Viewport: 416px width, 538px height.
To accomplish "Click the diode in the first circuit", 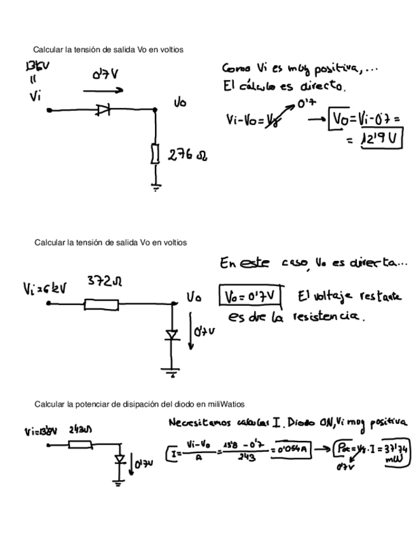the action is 104,110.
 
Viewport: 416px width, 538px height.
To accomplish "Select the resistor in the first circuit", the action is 155,154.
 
